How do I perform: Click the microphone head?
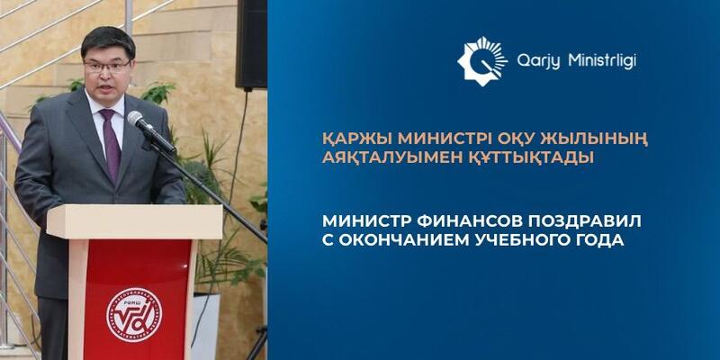coord(137,120)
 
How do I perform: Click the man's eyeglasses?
coord(107,67)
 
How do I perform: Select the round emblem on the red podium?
coord(134,314)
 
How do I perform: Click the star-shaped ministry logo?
coord(482,61)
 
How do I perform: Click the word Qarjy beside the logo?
coord(539,61)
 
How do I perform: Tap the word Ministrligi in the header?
coord(602,61)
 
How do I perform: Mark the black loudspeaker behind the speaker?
coord(251,44)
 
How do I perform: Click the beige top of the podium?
coord(134,221)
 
